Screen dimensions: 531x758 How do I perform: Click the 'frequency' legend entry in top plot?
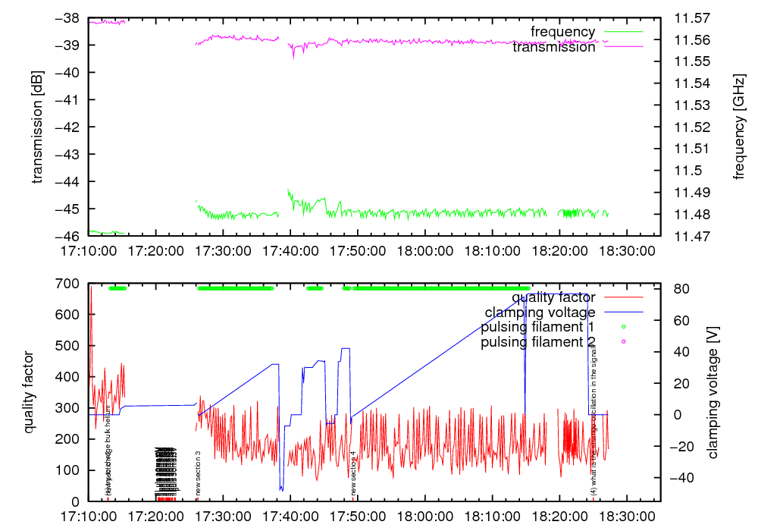[562, 32]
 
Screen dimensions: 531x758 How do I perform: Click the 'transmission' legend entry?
[554, 47]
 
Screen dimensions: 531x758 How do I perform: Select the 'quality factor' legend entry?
[553, 297]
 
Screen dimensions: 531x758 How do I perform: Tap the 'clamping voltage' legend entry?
[540, 312]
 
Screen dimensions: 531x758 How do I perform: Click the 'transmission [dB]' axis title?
[37, 127]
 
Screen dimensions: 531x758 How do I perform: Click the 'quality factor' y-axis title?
[30, 392]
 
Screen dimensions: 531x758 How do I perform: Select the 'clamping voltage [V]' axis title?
[713, 392]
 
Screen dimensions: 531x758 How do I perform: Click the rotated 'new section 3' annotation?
[199, 473]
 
